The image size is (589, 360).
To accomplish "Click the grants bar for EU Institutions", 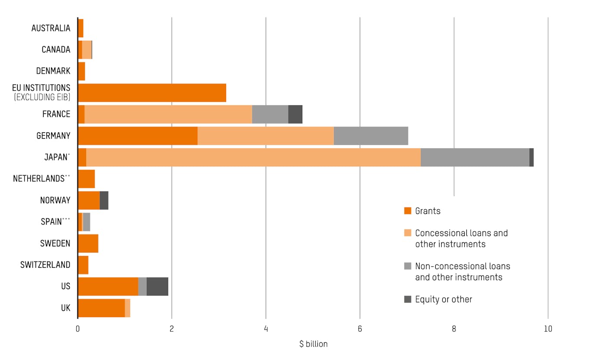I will [152, 93].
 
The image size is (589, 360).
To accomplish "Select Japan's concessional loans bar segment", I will [253, 157].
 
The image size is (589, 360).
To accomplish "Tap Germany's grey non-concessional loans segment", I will [371, 136].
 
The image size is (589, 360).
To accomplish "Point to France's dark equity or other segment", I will [295, 114].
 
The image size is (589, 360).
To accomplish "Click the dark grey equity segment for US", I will [157, 286].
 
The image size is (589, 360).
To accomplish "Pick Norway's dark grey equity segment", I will [104, 200].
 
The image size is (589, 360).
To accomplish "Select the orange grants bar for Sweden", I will [88, 243].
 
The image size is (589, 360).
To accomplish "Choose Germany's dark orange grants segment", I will [138, 136].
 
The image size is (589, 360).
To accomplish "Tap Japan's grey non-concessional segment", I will [475, 157].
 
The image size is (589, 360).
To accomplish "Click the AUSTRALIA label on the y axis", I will [51, 28].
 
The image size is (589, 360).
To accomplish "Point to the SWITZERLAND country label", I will [45, 265].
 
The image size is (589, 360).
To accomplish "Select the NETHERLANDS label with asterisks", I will [41, 178].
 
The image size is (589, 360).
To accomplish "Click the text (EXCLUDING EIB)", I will [42, 97].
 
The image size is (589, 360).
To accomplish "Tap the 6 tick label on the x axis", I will [360, 329].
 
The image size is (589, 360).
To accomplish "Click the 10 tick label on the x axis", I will [548, 329].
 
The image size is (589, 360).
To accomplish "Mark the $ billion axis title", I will [313, 344].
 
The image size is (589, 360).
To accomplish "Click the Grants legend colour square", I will [408, 211].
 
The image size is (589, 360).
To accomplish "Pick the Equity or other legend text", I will [443, 299].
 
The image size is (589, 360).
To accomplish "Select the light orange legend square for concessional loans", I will [408, 233].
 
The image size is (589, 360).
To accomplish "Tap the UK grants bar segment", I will [101, 308].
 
